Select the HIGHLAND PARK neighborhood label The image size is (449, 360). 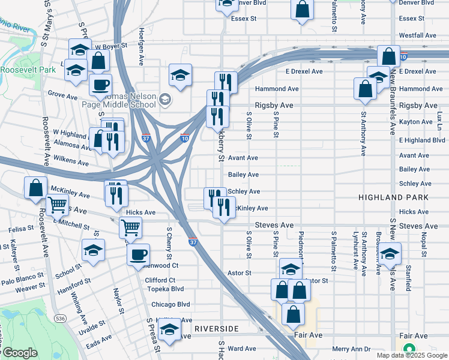click(x=394, y=197)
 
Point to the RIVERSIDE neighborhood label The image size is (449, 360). click(x=216, y=329)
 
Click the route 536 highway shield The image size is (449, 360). click(x=59, y=316)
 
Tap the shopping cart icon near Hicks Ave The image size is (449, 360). click(x=130, y=227)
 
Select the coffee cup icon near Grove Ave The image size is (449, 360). click(x=100, y=85)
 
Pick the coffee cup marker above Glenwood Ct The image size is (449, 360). click(x=137, y=254)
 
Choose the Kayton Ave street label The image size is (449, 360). click(x=415, y=122)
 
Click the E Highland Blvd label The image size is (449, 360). click(x=422, y=140)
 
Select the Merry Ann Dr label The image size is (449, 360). click(x=352, y=349)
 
